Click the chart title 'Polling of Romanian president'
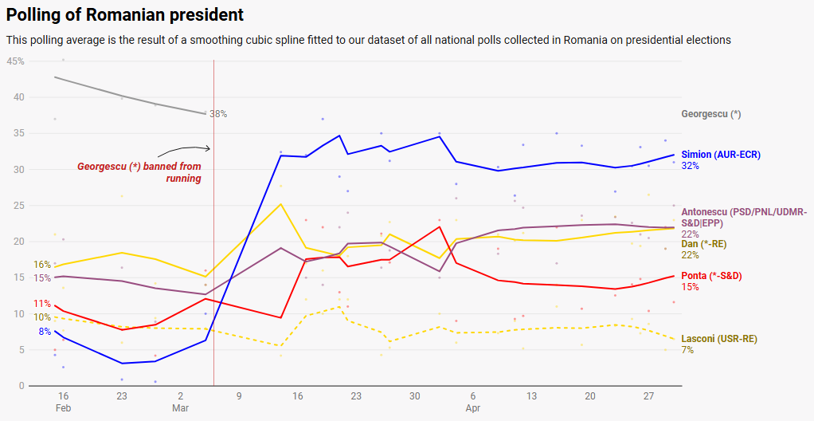point(125,15)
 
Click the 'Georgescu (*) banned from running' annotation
point(139,172)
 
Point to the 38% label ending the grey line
point(218,114)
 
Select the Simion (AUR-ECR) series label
point(721,155)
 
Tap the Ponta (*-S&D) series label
point(711,276)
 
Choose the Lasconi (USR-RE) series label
point(719,339)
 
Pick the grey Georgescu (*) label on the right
point(711,114)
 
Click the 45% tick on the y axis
point(15,61)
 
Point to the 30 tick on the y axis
point(18,170)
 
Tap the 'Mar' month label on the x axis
point(181,408)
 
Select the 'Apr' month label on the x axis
point(473,408)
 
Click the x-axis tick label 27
point(648,396)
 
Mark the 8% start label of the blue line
point(45,332)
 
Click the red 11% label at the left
point(42,304)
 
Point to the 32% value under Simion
point(690,166)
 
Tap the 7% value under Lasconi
point(687,350)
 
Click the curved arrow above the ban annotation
point(183,151)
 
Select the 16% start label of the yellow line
point(42,265)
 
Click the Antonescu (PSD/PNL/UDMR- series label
point(744,212)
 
